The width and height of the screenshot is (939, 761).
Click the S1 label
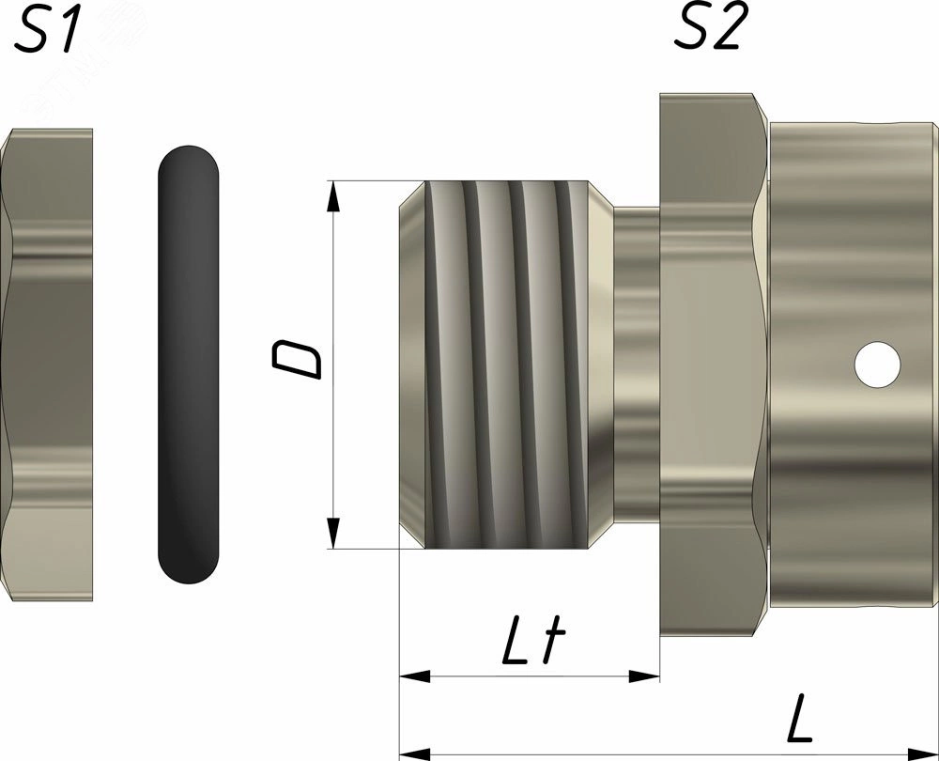click(47, 29)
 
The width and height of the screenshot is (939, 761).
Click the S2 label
click(712, 27)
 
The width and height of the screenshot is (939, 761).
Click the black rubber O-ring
click(189, 365)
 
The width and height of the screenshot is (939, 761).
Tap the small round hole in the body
click(878, 365)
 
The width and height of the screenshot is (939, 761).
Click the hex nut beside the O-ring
click(46, 365)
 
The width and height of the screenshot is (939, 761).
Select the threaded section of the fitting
click(507, 365)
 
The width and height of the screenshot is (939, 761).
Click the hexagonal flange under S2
click(714, 365)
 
